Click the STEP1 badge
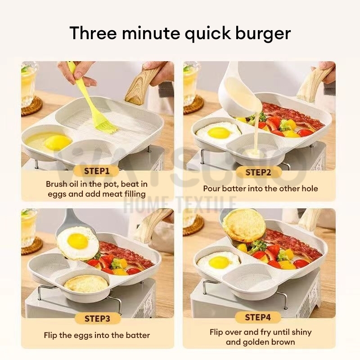(x=97, y=171)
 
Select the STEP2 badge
(x=258, y=172)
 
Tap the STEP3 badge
(x=97, y=319)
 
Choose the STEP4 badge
(x=258, y=317)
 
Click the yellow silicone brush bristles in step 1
(x=107, y=126)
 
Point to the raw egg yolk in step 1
(x=58, y=142)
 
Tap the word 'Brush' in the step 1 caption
(x=56, y=184)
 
